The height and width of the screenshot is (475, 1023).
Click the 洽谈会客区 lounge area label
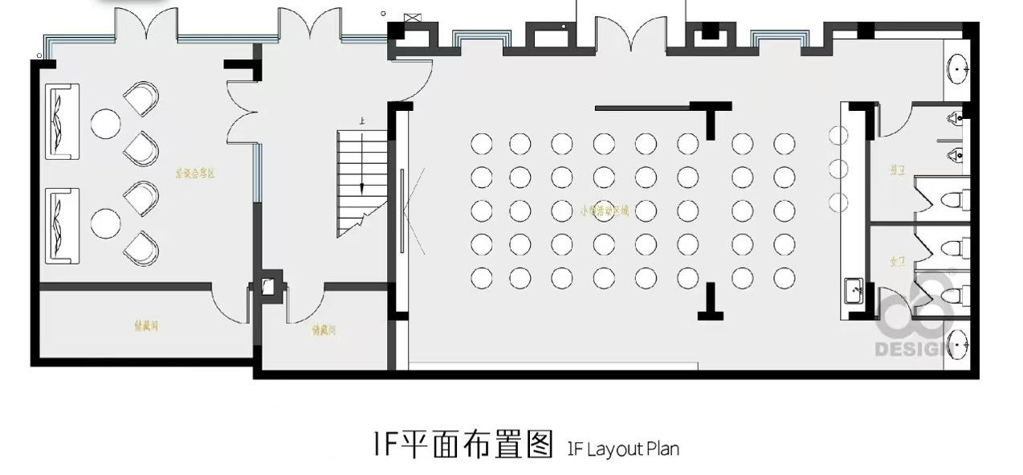coord(197,173)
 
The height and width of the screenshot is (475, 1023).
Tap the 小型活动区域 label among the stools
coord(605,211)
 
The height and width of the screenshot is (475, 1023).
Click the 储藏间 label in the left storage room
coord(145,326)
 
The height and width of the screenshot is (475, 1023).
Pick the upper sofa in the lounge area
coord(61,120)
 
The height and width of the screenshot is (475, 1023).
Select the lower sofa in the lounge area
coord(61,224)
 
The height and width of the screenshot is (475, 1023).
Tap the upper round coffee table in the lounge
coord(105,124)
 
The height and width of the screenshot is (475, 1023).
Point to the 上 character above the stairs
coord(362,121)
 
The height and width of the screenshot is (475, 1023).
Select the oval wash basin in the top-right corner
coord(959,69)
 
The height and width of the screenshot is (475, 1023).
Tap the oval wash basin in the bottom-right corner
coord(959,345)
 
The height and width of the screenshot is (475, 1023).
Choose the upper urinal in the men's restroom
coord(954,118)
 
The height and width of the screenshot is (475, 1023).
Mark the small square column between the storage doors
coord(267,287)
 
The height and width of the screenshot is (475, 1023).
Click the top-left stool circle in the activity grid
coord(481,144)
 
